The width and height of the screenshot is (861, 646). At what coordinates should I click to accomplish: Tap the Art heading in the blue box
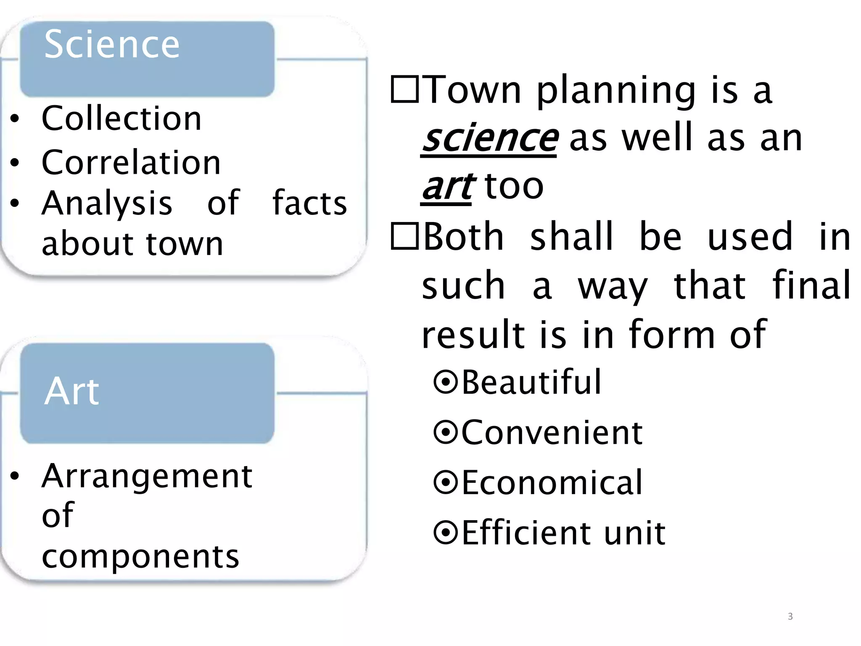[x=71, y=391]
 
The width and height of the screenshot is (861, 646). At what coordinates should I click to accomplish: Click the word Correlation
[x=131, y=162]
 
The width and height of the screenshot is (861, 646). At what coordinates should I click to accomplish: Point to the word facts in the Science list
[x=309, y=203]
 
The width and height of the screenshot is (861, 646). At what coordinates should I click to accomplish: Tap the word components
[x=140, y=556]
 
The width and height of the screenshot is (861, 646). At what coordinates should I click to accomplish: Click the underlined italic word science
[x=489, y=138]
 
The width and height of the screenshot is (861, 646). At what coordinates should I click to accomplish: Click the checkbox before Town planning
[x=404, y=89]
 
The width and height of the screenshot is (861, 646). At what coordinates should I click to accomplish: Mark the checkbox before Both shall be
[x=404, y=236]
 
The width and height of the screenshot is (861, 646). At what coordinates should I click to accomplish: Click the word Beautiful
[x=531, y=382]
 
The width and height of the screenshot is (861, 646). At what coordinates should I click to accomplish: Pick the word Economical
[x=552, y=482]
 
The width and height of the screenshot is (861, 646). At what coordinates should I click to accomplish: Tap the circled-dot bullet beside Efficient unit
[x=445, y=532]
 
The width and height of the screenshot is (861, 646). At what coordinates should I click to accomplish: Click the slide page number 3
[x=790, y=617]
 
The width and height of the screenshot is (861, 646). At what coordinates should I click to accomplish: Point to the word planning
[x=616, y=90]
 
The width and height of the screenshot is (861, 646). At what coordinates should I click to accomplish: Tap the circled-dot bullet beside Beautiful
[x=445, y=382]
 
